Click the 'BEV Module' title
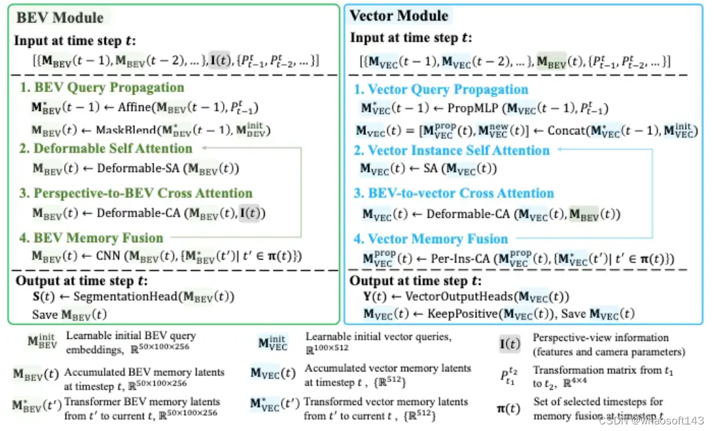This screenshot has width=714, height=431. pyautogui.click(x=59, y=18)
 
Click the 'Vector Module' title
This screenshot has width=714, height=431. pyautogui.click(x=399, y=16)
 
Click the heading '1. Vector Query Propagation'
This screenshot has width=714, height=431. pyautogui.click(x=441, y=89)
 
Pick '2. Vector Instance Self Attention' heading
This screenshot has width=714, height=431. pyautogui.click(x=452, y=150)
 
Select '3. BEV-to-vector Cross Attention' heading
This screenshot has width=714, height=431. pyautogui.click(x=454, y=193)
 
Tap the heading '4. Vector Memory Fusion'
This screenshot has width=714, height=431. pyautogui.click(x=431, y=239)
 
